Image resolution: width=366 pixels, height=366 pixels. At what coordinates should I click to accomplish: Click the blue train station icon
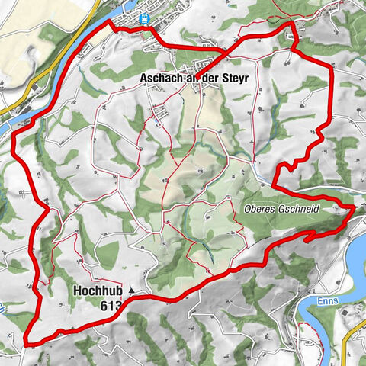tap(144, 18)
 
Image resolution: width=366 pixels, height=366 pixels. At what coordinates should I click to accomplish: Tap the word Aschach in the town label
tap(163, 78)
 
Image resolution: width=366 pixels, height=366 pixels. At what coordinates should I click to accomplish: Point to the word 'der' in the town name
tap(209, 78)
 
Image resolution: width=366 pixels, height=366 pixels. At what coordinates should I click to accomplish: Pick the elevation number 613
tap(111, 305)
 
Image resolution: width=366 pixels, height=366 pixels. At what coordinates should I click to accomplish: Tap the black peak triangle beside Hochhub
tap(131, 290)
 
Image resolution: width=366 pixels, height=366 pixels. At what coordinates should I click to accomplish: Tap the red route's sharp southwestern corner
tap(27, 340)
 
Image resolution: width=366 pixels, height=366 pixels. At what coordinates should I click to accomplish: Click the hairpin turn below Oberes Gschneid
tap(309, 239)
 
